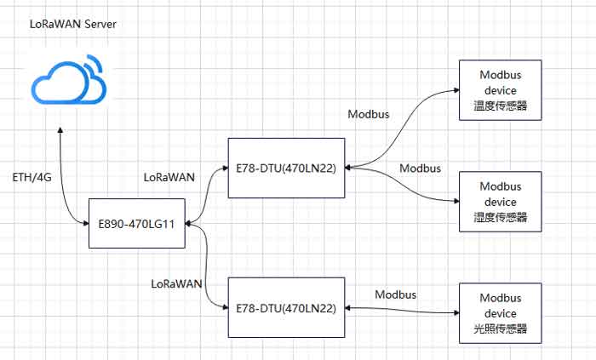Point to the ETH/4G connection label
tap(30, 180)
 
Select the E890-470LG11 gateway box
tap(137, 224)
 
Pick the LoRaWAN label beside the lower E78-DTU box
tap(175, 283)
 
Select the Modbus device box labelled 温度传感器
tap(499, 91)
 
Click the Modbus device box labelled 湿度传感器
tap(499, 202)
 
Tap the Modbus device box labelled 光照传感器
tap(499, 313)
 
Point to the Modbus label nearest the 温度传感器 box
tap(370, 114)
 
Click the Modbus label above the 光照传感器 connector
tap(396, 294)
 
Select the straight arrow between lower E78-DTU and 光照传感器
tap(403, 307)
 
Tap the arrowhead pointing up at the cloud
tap(60, 132)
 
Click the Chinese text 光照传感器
tap(499, 329)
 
